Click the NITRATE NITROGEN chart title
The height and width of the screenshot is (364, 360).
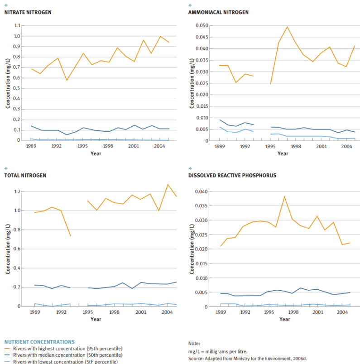click(28, 12)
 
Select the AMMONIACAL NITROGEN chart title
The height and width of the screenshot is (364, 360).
click(218, 12)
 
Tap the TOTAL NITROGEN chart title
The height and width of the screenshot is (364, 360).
click(25, 175)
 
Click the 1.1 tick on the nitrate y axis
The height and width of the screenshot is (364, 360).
click(18, 25)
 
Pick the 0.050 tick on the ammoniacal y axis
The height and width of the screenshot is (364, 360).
click(202, 25)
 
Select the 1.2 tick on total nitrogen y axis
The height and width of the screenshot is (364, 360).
click(18, 192)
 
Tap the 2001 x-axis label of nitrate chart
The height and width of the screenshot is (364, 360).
click(133, 147)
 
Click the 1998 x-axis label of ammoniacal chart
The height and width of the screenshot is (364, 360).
click(296, 147)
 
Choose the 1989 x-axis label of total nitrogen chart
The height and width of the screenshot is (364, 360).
click(34, 312)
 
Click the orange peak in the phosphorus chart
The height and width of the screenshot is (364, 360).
click(284, 197)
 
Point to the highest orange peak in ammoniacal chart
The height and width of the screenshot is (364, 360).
click(287, 27)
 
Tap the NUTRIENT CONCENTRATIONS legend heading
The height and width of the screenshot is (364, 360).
click(39, 341)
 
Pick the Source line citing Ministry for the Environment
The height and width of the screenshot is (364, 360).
click(247, 358)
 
